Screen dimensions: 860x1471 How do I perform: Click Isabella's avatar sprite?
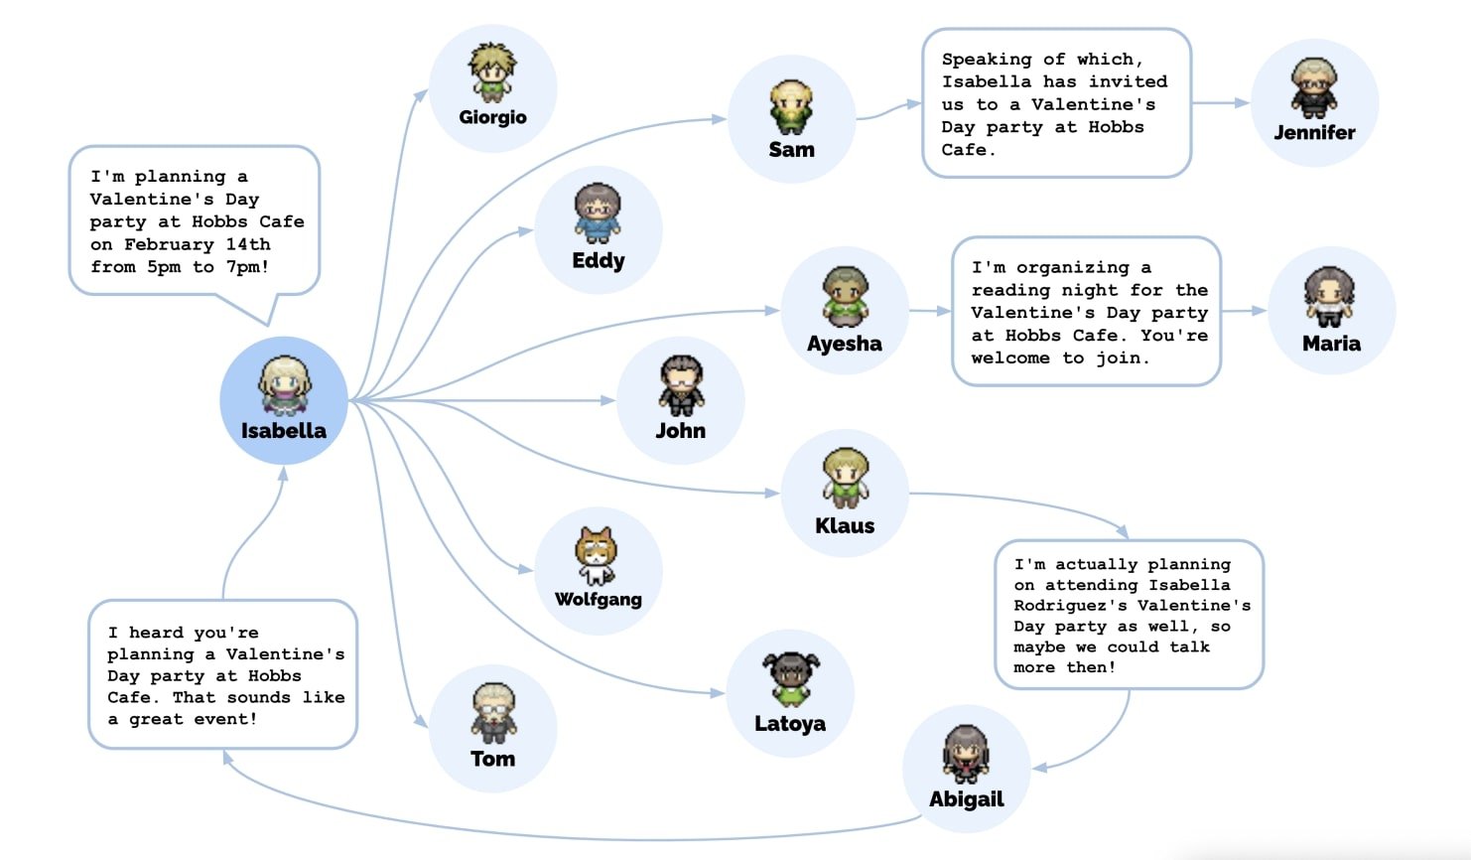pyautogui.click(x=285, y=385)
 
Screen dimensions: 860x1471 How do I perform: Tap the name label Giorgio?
pyautogui.click(x=492, y=117)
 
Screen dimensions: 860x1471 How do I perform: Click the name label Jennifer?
pyautogui.click(x=1314, y=132)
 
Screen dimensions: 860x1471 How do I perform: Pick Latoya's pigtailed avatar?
pyautogui.click(x=791, y=679)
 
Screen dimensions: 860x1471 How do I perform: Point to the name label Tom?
pyautogui.click(x=492, y=759)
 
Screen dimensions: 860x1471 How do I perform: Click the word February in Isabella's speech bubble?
pyautogui.click(x=169, y=244)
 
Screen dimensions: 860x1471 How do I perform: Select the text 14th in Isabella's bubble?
pyautogui.click(x=248, y=244)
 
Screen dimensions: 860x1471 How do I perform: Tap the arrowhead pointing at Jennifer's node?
pyautogui.click(x=1242, y=102)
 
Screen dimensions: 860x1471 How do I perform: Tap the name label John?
pyautogui.click(x=680, y=431)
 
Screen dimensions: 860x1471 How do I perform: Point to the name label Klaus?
pyautogui.click(x=845, y=526)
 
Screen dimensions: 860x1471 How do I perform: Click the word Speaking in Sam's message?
pyautogui.click(x=986, y=60)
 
